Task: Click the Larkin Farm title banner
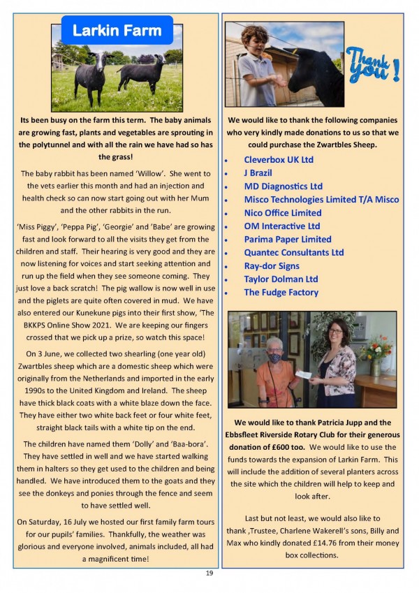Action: tap(117, 31)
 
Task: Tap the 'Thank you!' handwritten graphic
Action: tap(373, 65)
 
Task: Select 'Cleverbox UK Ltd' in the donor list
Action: tap(279, 160)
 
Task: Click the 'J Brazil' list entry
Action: tap(258, 173)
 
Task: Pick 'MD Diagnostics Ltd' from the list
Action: tap(283, 186)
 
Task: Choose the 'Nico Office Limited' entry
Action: tap(282, 213)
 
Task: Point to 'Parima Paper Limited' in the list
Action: tap(287, 240)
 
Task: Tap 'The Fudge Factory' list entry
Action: tap(281, 293)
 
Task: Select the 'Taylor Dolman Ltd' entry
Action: tap(281, 279)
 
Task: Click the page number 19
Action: tap(209, 573)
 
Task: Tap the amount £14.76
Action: tap(315, 543)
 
